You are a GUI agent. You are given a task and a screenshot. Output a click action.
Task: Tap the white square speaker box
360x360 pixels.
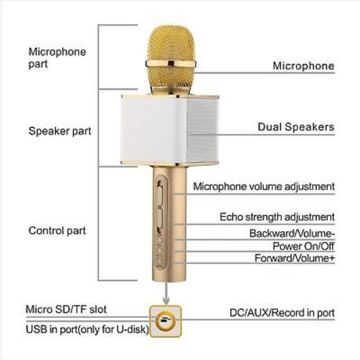pos(170,129)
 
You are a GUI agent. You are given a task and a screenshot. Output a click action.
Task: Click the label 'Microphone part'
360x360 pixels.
pos(57,58)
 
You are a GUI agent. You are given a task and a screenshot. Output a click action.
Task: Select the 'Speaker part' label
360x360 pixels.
pos(60,131)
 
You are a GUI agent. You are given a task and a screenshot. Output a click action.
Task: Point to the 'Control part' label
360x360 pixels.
pos(57,231)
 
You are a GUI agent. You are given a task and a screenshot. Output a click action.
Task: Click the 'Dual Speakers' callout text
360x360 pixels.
pos(296,127)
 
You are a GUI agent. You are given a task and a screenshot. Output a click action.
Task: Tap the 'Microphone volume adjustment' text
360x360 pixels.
pos(264,186)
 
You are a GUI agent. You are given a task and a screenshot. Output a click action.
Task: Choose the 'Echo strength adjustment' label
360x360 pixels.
pos(277,217)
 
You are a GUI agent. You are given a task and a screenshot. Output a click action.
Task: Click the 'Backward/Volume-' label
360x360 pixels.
pos(292,233)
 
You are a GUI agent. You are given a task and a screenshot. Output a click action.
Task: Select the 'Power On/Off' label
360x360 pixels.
pos(303,246)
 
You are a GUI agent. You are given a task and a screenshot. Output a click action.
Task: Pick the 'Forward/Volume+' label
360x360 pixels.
pos(295,258)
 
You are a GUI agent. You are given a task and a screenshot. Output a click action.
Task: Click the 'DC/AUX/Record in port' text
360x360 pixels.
pos(282,313)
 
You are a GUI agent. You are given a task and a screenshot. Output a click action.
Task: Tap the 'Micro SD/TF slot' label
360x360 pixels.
pos(66,309)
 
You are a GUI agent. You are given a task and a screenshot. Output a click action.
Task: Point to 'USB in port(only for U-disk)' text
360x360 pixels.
pos(87,329)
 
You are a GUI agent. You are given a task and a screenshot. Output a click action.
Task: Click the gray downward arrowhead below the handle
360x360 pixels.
pos(166,300)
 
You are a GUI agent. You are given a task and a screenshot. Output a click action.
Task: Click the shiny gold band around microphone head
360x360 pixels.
pos(170,64)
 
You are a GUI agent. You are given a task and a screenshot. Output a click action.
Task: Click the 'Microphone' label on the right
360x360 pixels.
pos(304,66)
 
